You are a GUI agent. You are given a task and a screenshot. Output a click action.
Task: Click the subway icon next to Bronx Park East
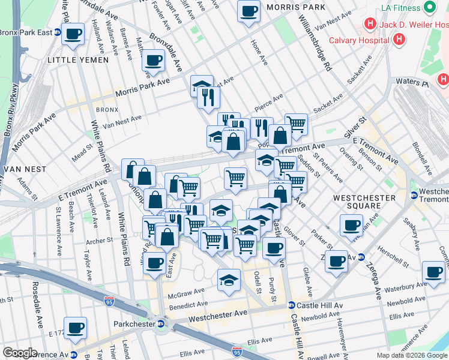(57, 32)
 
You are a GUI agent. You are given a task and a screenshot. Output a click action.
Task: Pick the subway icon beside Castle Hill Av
(291, 305)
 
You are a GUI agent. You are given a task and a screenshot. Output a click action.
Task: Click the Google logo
(20, 353)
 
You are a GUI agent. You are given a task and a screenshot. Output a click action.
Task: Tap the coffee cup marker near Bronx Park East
(73, 34)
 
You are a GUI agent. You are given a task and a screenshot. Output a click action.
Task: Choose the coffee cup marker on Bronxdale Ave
(154, 61)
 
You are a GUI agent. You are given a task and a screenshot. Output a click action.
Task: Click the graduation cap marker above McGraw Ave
(229, 280)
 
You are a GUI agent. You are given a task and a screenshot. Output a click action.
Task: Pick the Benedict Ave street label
(189, 306)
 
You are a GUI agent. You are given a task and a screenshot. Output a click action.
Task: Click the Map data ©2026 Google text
(411, 355)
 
